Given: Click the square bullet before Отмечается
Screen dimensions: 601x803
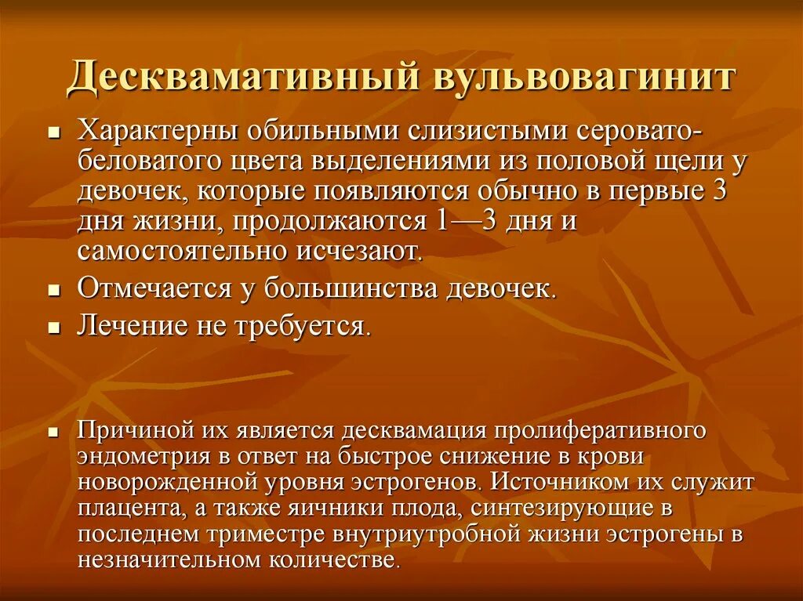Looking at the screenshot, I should coord(54,291).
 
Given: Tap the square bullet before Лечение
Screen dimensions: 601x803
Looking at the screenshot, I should coord(54,328).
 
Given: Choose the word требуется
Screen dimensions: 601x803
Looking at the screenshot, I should coord(302,326).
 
